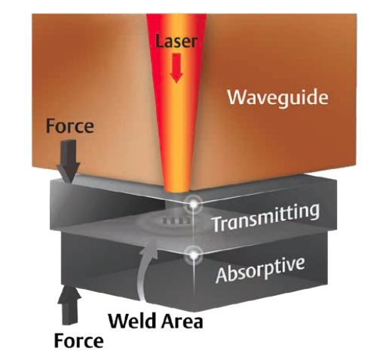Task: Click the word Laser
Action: click(x=176, y=42)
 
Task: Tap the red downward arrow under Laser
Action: click(x=176, y=68)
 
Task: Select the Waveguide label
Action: click(x=277, y=97)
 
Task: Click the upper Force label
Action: click(x=70, y=126)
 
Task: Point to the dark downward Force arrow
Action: click(x=69, y=161)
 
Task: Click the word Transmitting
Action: click(x=266, y=217)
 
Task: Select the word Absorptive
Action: click(x=260, y=270)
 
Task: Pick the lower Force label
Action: click(x=78, y=341)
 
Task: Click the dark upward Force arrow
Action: click(x=69, y=305)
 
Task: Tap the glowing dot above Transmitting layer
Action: click(x=193, y=205)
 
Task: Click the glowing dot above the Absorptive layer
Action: click(x=193, y=255)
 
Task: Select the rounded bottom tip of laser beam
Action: click(x=176, y=190)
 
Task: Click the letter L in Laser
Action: click(x=159, y=42)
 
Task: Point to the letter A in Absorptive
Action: click(x=222, y=275)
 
